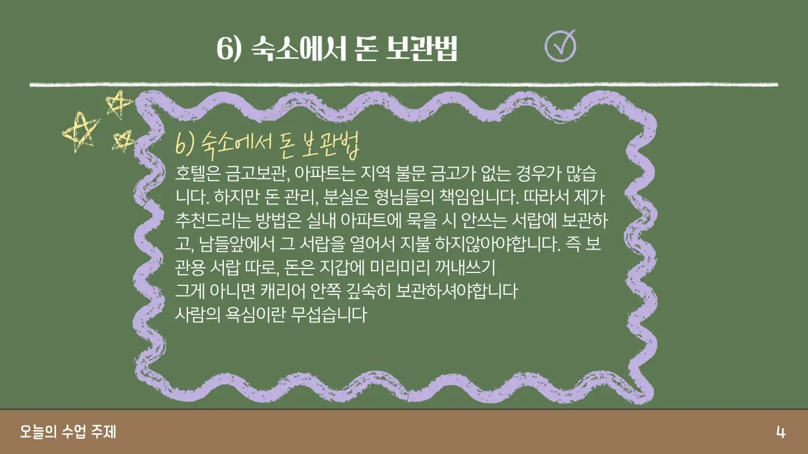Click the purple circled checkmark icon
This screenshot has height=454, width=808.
(560, 46)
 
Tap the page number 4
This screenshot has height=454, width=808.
(781, 432)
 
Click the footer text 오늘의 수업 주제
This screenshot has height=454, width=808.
(68, 432)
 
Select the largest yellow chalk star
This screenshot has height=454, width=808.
(80, 133)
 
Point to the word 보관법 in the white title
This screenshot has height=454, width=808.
(421, 49)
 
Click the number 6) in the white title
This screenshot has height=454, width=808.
(229, 49)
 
